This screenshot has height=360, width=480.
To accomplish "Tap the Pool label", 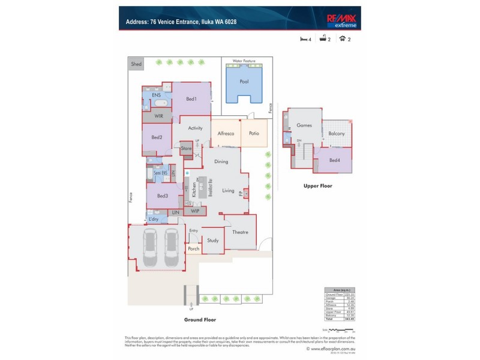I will (x=244, y=82).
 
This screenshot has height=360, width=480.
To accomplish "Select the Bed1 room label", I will (x=191, y=98).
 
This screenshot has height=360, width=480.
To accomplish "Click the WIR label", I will (x=158, y=116).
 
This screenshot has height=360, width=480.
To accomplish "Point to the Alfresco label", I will (x=225, y=134).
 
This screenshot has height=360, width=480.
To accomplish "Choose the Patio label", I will (x=254, y=134).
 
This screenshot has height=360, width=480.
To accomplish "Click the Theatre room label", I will (x=240, y=233).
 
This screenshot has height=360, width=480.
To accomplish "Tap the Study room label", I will (x=212, y=240).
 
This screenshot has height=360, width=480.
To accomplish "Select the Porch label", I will (x=193, y=248).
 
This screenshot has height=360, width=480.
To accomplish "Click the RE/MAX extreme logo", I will (x=341, y=21).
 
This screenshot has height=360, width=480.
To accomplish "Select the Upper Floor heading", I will (x=317, y=186).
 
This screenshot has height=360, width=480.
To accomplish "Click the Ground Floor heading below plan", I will (x=200, y=320).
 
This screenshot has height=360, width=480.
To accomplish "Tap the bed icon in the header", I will (x=304, y=40).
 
